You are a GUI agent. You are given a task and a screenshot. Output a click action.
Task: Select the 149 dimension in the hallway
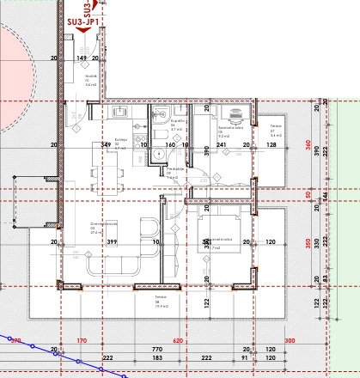[82, 58]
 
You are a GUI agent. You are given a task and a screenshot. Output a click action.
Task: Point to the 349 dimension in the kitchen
[106, 145]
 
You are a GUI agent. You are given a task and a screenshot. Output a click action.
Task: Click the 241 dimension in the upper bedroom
[221, 145]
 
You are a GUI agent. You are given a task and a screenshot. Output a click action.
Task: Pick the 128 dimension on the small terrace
[272, 145]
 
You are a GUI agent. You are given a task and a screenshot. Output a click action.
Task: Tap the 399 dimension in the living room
[112, 242]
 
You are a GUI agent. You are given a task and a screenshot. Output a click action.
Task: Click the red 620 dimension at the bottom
[178, 341]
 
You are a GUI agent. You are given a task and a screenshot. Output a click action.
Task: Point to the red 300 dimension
[290, 341]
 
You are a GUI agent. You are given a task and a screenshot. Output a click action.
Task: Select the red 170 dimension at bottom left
[82, 341]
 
